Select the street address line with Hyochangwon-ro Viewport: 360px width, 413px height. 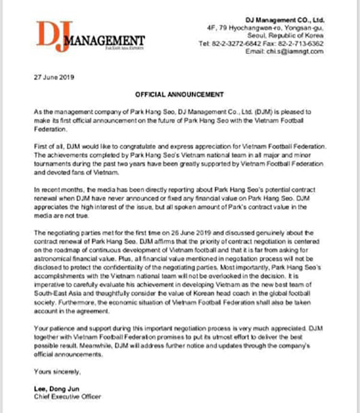point(282,28)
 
